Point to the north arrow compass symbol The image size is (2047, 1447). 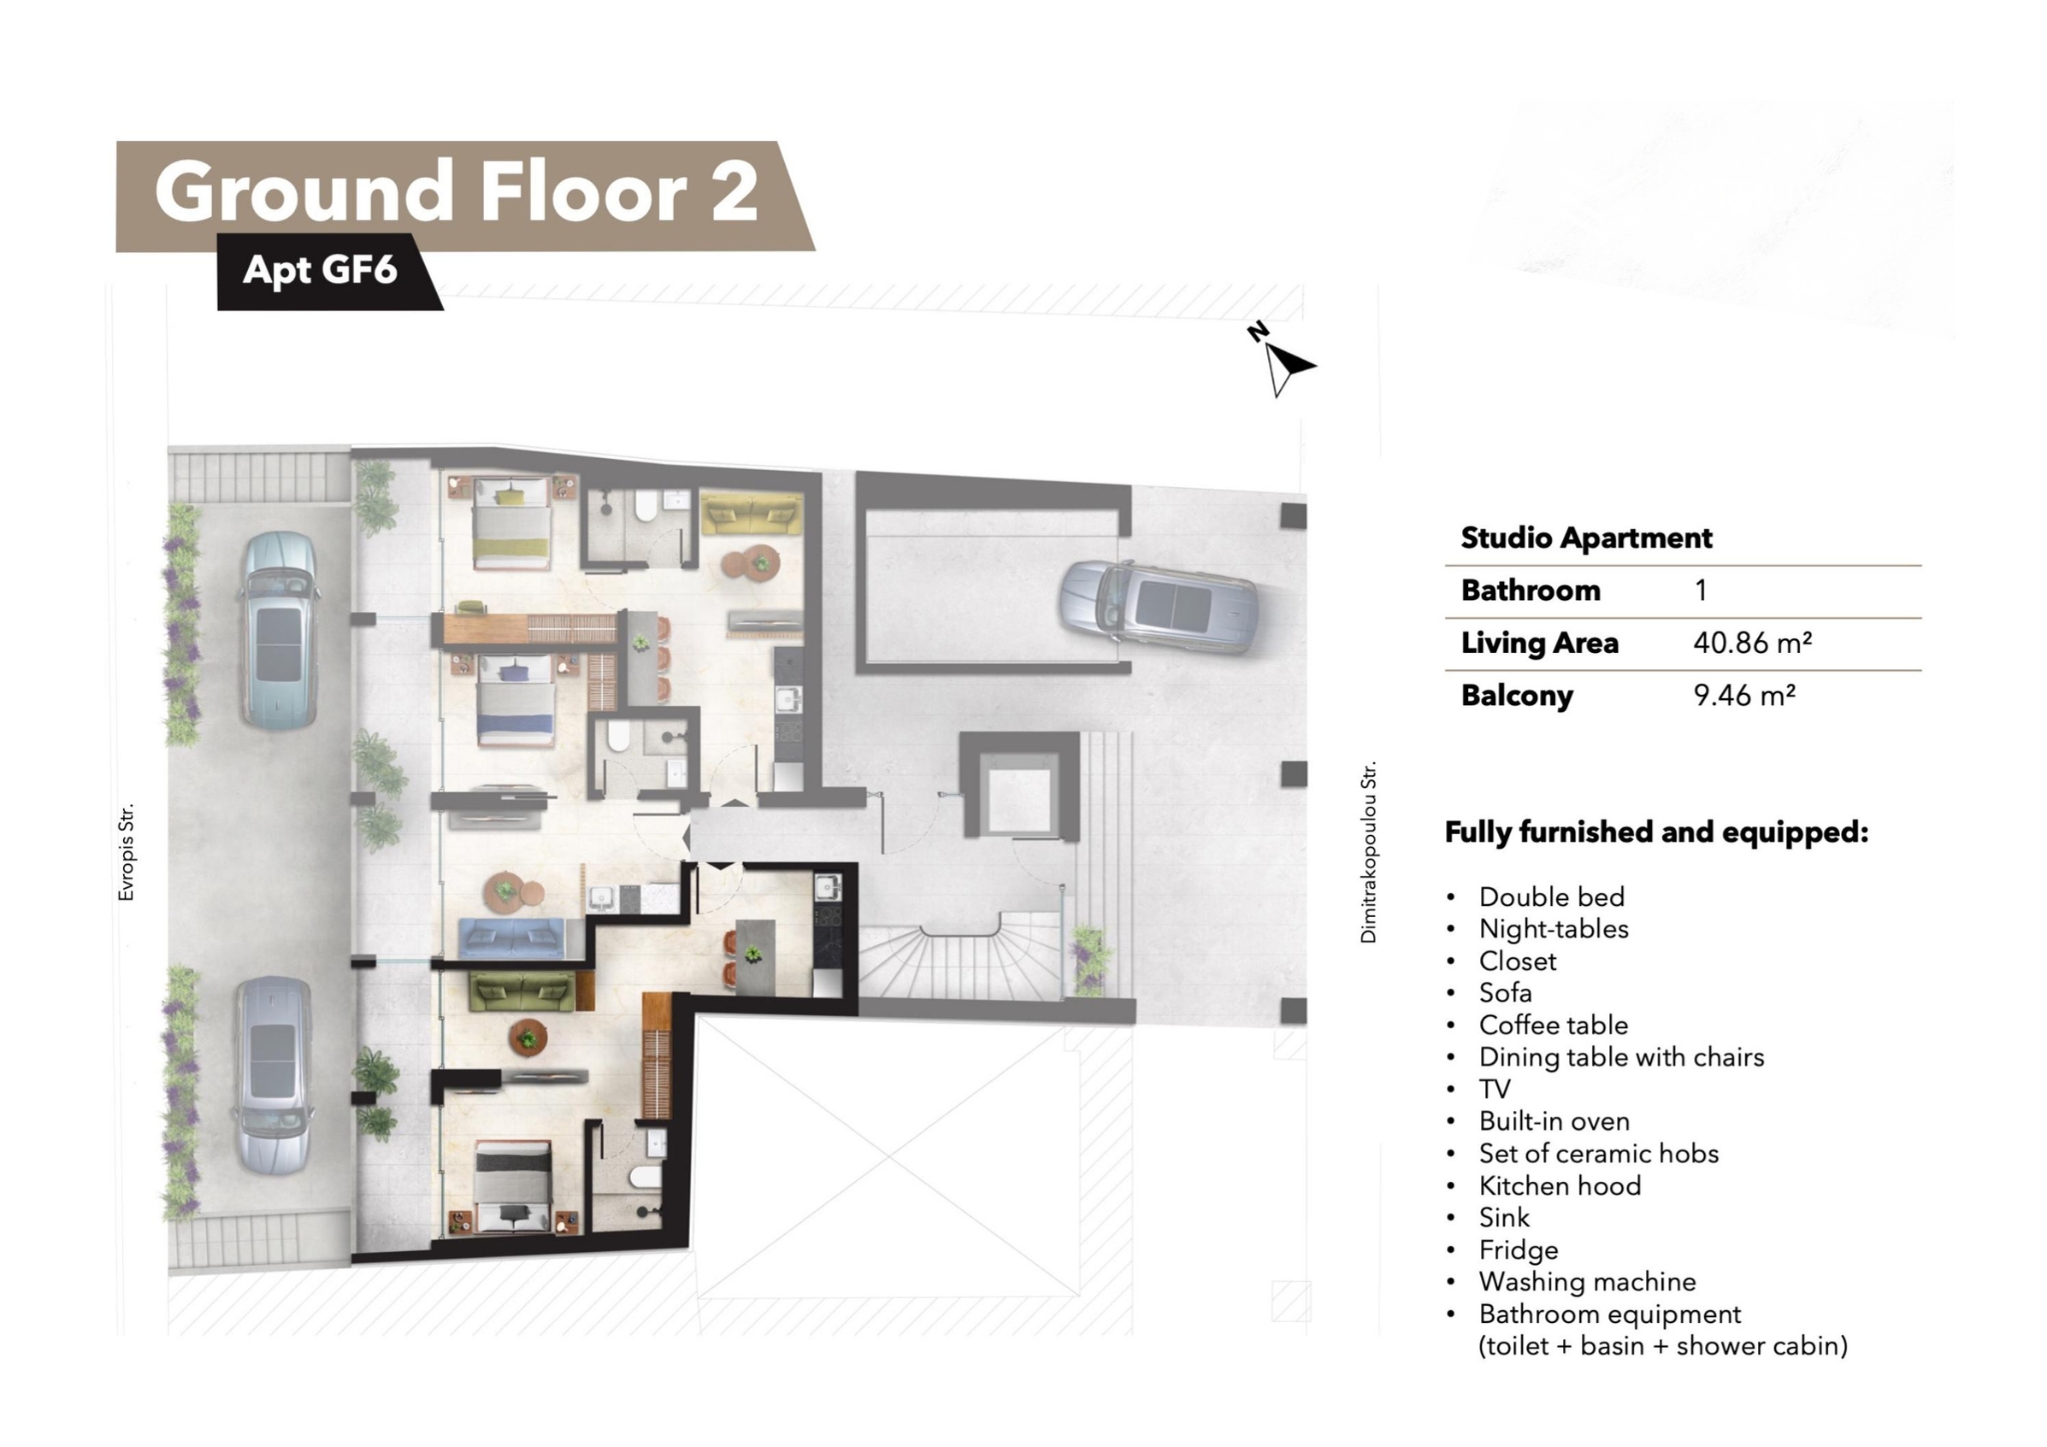pyautogui.click(x=1281, y=360)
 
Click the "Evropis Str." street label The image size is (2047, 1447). pyautogui.click(x=126, y=853)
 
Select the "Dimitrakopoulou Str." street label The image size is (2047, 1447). pyautogui.click(x=1368, y=851)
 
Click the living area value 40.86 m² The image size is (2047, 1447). pyautogui.click(x=1752, y=643)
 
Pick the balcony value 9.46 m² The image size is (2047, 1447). pyautogui.click(x=1744, y=695)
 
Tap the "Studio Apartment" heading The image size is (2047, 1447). pyautogui.click(x=1586, y=538)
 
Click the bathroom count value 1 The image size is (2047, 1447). pyautogui.click(x=1700, y=590)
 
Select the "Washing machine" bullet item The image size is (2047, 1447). pyautogui.click(x=1587, y=1282)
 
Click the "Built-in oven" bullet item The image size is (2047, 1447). pyautogui.click(x=1554, y=1121)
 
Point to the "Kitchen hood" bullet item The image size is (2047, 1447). pyautogui.click(x=1560, y=1186)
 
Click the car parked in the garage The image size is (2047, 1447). pyautogui.click(x=1158, y=606)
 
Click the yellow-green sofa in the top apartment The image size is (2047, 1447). pyautogui.click(x=751, y=515)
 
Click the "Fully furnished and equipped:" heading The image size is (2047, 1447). pyautogui.click(x=1656, y=832)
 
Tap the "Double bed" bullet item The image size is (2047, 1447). pyautogui.click(x=1552, y=897)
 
